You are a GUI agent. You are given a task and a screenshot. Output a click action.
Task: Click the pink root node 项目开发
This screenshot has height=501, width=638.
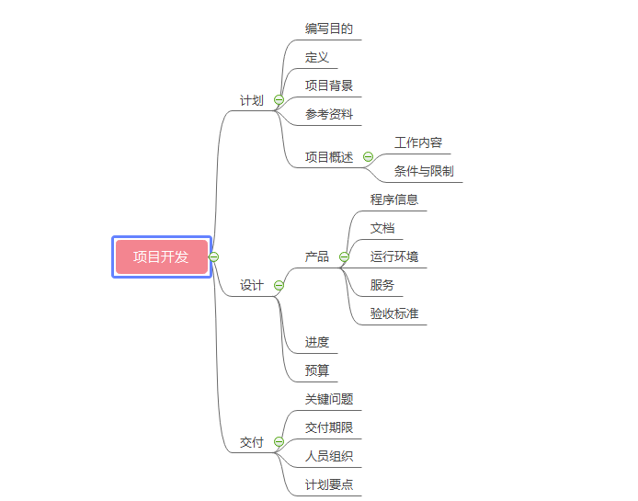[x=161, y=256]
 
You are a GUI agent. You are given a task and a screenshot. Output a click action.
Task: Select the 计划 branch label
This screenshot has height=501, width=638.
[x=251, y=100]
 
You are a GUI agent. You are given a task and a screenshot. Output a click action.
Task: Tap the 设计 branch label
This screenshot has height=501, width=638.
[x=251, y=285]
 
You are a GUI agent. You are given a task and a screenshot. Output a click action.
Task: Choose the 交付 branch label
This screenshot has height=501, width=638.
[x=251, y=442]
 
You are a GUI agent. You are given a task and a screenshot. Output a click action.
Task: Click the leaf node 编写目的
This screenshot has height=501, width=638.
[x=328, y=28]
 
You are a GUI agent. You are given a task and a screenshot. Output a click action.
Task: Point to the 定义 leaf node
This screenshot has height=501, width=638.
[x=316, y=57]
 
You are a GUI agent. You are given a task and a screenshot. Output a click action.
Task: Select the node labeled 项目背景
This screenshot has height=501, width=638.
[x=328, y=85]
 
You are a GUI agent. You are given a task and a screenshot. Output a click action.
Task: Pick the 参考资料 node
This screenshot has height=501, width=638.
[x=328, y=115]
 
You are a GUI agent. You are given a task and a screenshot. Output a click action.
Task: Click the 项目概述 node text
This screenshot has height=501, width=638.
[x=328, y=157]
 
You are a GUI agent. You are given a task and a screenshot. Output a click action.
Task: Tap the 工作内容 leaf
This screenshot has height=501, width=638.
[x=418, y=142]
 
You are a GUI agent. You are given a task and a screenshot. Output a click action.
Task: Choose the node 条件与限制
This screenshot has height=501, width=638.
[x=424, y=171]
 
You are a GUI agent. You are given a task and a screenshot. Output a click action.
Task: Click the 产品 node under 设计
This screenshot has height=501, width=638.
[x=316, y=256]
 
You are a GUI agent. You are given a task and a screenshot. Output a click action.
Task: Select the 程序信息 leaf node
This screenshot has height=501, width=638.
[x=394, y=199]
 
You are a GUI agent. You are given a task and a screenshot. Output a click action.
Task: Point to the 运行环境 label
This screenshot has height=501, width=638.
[x=394, y=256]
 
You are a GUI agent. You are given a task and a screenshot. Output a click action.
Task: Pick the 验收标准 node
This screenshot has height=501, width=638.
[x=394, y=313]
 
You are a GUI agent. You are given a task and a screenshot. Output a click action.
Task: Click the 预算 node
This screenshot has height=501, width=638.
[x=316, y=370]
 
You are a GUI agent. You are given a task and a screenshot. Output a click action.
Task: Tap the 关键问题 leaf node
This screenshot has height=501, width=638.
[x=328, y=399]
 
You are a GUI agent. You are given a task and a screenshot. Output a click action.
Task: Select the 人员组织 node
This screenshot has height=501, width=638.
[x=328, y=456]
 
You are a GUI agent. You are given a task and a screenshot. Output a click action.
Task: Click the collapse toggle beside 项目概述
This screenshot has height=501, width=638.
[x=369, y=157]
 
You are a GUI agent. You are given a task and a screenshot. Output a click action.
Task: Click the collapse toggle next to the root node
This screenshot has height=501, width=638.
[x=214, y=256]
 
